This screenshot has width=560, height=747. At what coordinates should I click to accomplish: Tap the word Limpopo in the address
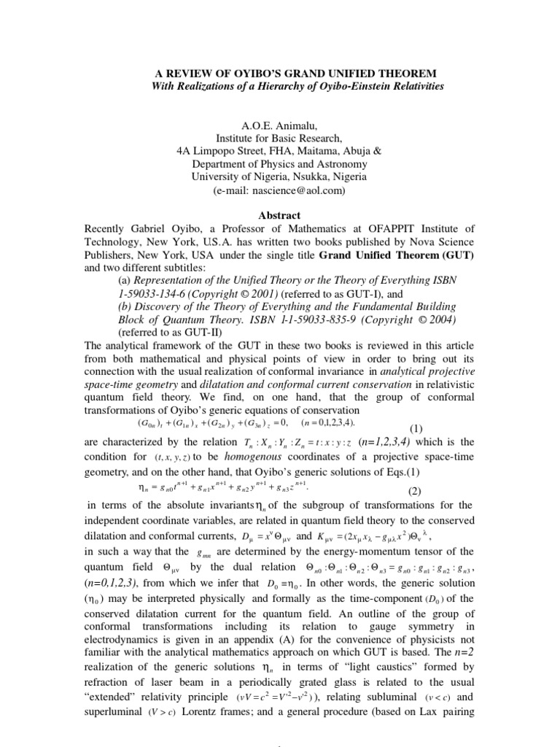[x=231, y=150]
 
